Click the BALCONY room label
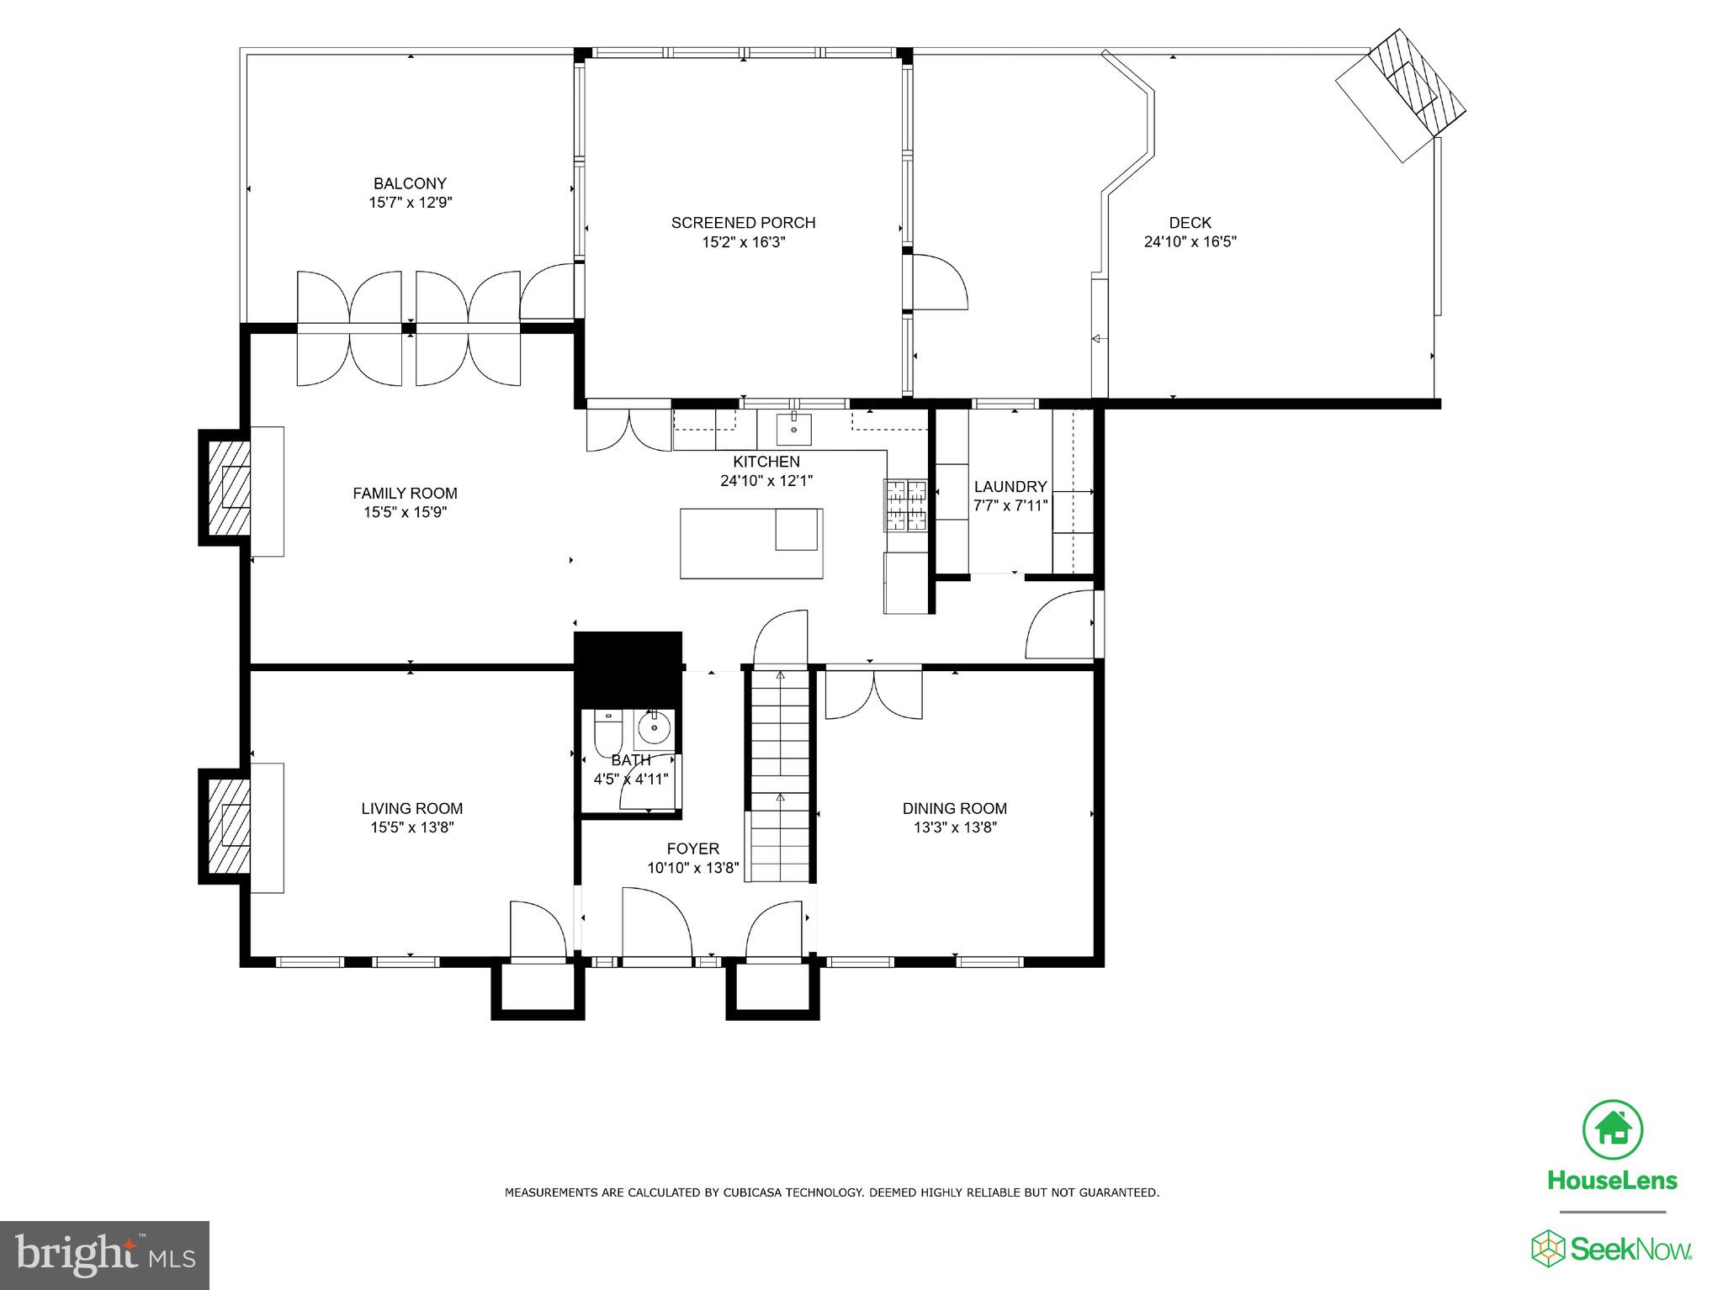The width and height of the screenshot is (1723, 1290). [410, 183]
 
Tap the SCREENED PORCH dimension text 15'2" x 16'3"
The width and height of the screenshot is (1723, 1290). [744, 242]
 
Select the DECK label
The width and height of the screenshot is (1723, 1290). [1190, 223]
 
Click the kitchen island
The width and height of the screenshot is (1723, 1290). [750, 543]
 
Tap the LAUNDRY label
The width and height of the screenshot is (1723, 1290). [1010, 487]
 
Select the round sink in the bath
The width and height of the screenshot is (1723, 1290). [654, 727]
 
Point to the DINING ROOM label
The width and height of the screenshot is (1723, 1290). [954, 808]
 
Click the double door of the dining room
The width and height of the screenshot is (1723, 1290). [873, 694]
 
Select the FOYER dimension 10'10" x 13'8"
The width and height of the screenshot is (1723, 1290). [693, 869]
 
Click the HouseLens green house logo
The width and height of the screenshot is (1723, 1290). [1612, 1129]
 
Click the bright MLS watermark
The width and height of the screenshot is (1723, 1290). [104, 1256]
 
